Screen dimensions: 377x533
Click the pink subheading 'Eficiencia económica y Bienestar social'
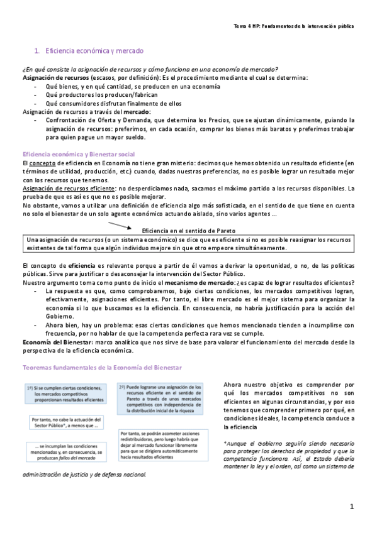point(84,154)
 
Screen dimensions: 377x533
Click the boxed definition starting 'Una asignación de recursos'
point(189,244)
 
